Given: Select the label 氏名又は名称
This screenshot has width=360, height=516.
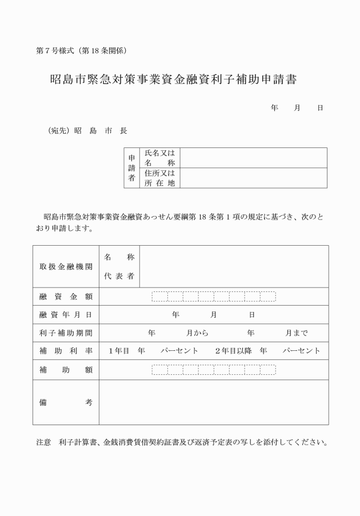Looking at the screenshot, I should click(x=159, y=158).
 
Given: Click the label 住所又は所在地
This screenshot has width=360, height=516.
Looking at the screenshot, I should click(x=159, y=178).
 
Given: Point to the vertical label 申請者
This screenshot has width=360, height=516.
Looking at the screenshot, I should click(x=131, y=168).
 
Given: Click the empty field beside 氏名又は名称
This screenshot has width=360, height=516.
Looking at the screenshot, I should click(x=254, y=158).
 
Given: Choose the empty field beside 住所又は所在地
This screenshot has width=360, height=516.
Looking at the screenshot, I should click(x=254, y=178).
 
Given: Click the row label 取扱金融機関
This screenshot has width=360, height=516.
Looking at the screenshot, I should click(x=66, y=267).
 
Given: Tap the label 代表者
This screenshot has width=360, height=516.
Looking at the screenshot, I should click(x=119, y=277).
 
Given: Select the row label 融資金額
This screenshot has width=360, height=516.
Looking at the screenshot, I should click(x=66, y=297).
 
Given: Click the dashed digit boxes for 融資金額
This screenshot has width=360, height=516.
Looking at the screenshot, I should click(x=214, y=297).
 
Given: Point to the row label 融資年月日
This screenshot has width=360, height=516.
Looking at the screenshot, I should click(x=66, y=315).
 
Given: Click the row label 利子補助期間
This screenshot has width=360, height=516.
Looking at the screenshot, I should click(x=66, y=333).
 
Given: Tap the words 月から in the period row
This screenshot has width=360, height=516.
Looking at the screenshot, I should click(x=197, y=333).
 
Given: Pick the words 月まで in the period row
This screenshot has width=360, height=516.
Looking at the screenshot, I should click(x=297, y=333).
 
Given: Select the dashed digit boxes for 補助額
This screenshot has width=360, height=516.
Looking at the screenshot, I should click(x=214, y=370).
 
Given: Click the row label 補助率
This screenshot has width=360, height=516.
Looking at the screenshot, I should click(x=66, y=351).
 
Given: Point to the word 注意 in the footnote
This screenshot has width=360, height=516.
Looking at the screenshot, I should click(x=43, y=443).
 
